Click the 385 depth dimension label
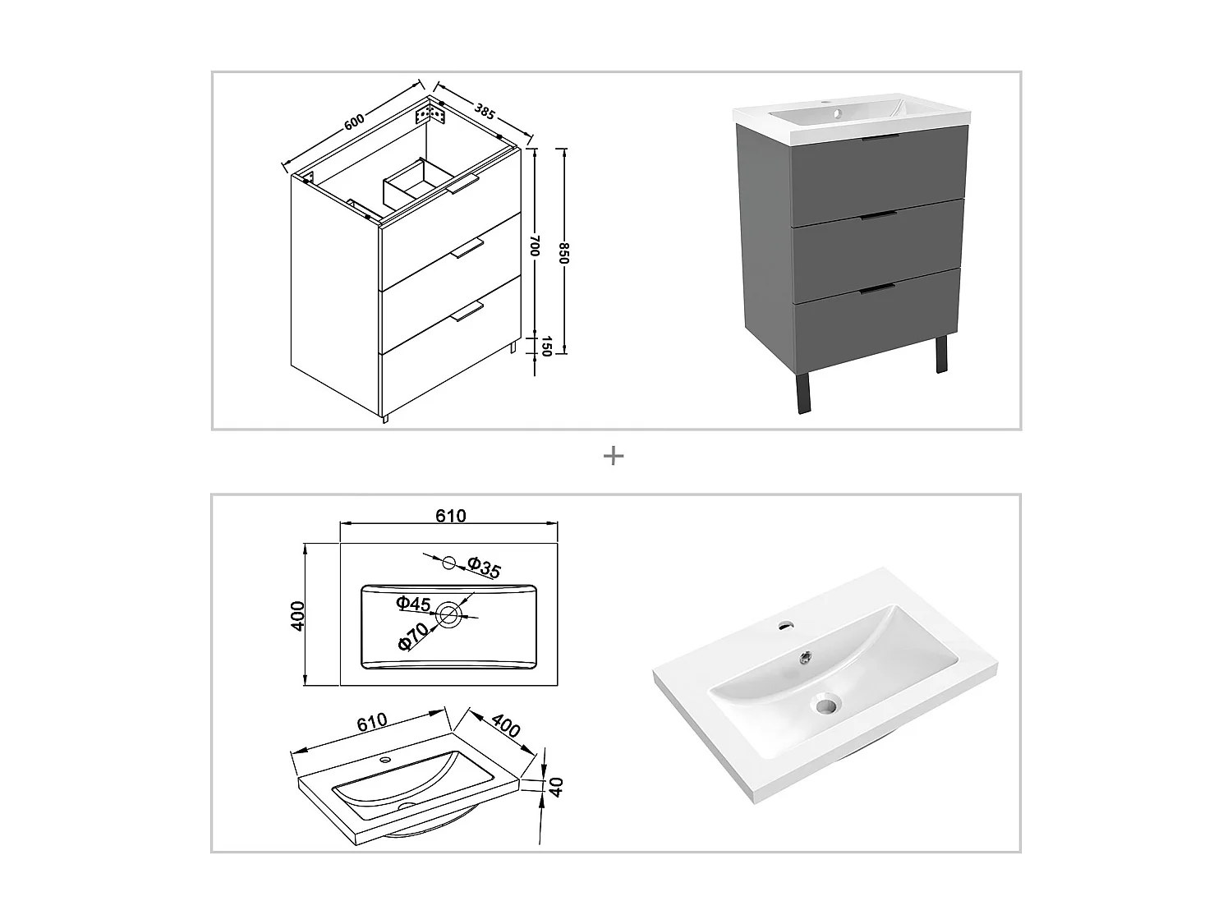coord(485,112)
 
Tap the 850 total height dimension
coord(564,253)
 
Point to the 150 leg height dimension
coord(544,347)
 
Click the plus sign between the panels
coord(614,456)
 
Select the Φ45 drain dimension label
coord(413,604)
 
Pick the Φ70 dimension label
coord(413,637)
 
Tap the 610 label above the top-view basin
coord(450,516)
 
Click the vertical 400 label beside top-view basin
coord(298,615)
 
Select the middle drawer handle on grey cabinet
coord(879,215)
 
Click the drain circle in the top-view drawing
coord(449,614)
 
